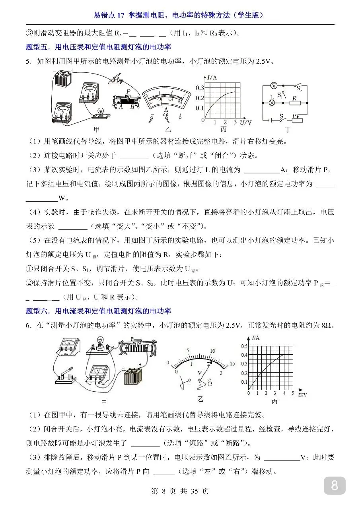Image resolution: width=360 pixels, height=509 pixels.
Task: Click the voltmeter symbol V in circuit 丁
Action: (273, 86)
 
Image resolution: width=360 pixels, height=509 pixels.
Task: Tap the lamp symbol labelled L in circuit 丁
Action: (272, 102)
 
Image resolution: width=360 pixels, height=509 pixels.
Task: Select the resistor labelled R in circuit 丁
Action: (295, 103)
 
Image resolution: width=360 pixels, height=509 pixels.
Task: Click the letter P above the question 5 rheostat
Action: (128, 91)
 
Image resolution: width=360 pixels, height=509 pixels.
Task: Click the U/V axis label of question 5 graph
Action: (246, 122)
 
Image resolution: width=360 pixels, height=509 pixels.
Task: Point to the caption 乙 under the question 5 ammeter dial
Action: (167, 129)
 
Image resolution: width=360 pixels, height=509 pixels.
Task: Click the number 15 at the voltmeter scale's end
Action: (233, 364)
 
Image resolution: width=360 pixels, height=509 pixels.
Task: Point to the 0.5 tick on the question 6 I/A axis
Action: (244, 346)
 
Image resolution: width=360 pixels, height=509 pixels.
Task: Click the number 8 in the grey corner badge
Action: (334, 486)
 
